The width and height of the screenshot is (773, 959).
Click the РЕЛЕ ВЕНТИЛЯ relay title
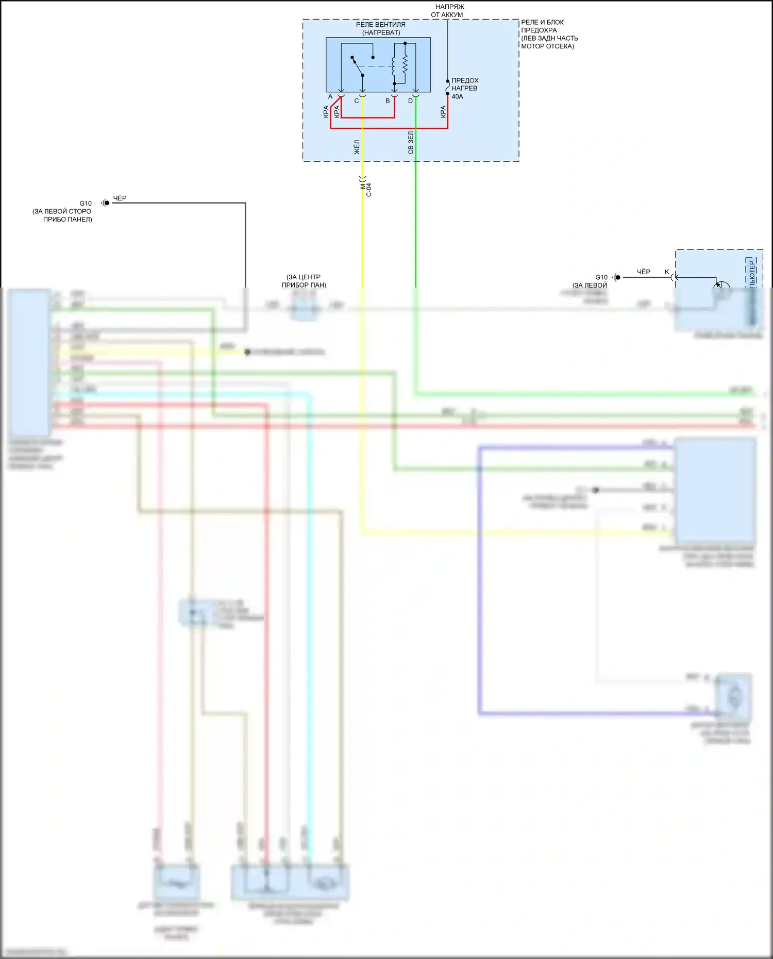tap(380, 25)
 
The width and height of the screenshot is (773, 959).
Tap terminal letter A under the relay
tap(330, 97)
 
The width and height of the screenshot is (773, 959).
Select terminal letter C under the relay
tap(356, 101)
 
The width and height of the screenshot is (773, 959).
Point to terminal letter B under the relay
tap(388, 101)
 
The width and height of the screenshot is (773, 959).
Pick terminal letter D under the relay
tap(410, 101)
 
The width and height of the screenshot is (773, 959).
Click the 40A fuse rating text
tap(457, 96)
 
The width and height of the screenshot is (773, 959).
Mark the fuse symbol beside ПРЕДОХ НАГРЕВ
tap(447, 88)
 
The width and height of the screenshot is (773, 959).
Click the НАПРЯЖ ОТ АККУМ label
tap(447, 11)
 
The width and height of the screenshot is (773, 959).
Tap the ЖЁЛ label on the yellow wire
tap(357, 147)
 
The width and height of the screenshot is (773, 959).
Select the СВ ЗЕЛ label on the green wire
tap(411, 143)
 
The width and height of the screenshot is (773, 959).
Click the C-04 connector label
tap(368, 190)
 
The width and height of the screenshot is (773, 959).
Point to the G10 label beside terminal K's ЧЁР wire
tap(601, 277)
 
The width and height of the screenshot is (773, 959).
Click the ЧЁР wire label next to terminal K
tap(643, 272)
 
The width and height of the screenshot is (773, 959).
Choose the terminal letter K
tap(667, 272)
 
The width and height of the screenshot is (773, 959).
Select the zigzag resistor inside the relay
tap(405, 64)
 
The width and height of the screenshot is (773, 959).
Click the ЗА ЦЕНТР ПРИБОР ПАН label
tap(304, 281)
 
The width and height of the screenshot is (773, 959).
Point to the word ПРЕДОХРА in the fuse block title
tap(539, 30)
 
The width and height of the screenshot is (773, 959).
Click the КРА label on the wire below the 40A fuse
tap(443, 112)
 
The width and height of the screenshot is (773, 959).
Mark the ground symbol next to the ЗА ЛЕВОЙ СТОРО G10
tap(105, 203)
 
